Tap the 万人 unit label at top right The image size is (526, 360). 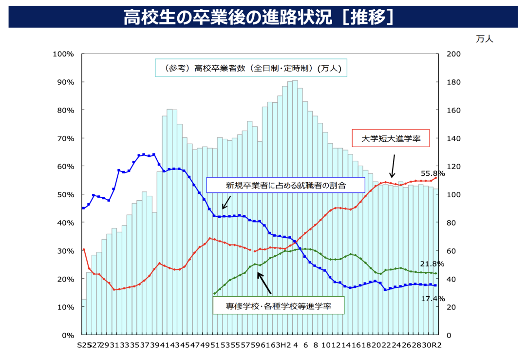pyautogui.click(x=485, y=39)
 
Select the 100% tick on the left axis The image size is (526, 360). pyautogui.click(x=64, y=54)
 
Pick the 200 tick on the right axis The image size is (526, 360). pyautogui.click(x=453, y=54)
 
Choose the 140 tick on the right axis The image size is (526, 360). pyautogui.click(x=453, y=138)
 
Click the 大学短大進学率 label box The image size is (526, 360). pyautogui.click(x=392, y=138)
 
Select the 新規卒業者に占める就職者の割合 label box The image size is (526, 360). pyautogui.click(x=285, y=185)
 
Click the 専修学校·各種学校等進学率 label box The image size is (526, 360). pyautogui.click(x=279, y=306)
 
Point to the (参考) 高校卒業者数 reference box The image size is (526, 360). pyautogui.click(x=251, y=68)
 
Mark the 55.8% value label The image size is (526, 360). pyautogui.click(x=433, y=173)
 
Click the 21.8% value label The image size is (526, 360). pyautogui.click(x=433, y=264)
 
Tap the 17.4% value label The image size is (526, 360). pyautogui.click(x=433, y=298)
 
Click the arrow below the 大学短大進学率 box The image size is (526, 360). pyautogui.click(x=393, y=166)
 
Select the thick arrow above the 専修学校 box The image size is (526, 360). pyautogui.click(x=264, y=283)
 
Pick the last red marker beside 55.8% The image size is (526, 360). pyautogui.click(x=436, y=178)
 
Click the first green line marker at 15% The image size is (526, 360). pyautogui.click(x=215, y=293)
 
